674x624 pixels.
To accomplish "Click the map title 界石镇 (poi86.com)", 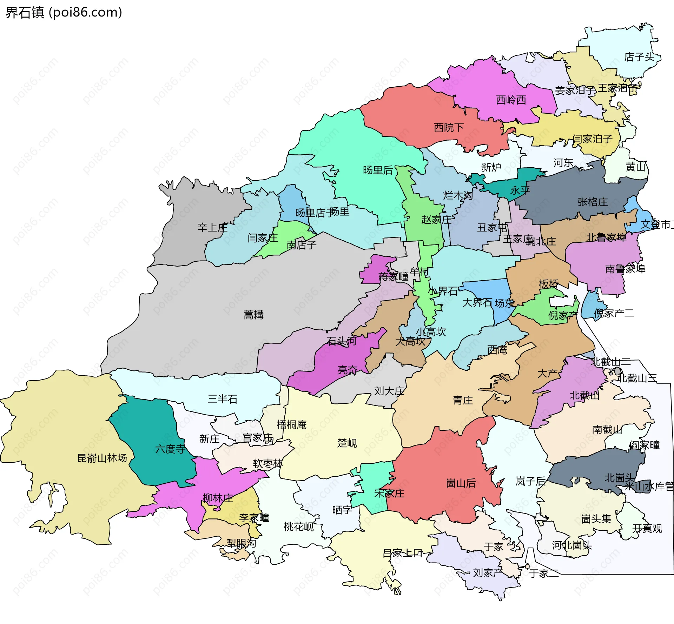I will [64, 13].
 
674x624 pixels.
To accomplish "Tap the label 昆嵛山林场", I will [102, 458].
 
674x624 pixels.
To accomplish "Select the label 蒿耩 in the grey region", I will [253, 315].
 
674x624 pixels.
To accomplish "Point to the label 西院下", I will [449, 128].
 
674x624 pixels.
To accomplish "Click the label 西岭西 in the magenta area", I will [511, 100].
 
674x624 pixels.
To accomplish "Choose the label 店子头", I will [639, 57].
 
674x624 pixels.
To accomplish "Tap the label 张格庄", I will [593, 202].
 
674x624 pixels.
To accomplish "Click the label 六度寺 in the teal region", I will [170, 449].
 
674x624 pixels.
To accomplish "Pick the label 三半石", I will [223, 399].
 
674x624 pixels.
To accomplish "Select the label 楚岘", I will [347, 443].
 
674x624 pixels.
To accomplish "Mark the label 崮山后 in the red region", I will [461, 484].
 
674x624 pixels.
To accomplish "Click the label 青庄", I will [463, 401].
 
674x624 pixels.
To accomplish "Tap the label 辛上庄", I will [212, 228].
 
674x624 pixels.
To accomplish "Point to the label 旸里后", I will [378, 170].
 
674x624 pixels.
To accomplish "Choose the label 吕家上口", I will [402, 553].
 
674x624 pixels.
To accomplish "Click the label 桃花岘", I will [298, 527].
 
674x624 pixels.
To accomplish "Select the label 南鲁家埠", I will [625, 269].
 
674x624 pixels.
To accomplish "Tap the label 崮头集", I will [596, 519].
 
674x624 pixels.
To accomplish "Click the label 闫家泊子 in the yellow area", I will [593, 139].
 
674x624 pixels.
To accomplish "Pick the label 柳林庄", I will [218, 498].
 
